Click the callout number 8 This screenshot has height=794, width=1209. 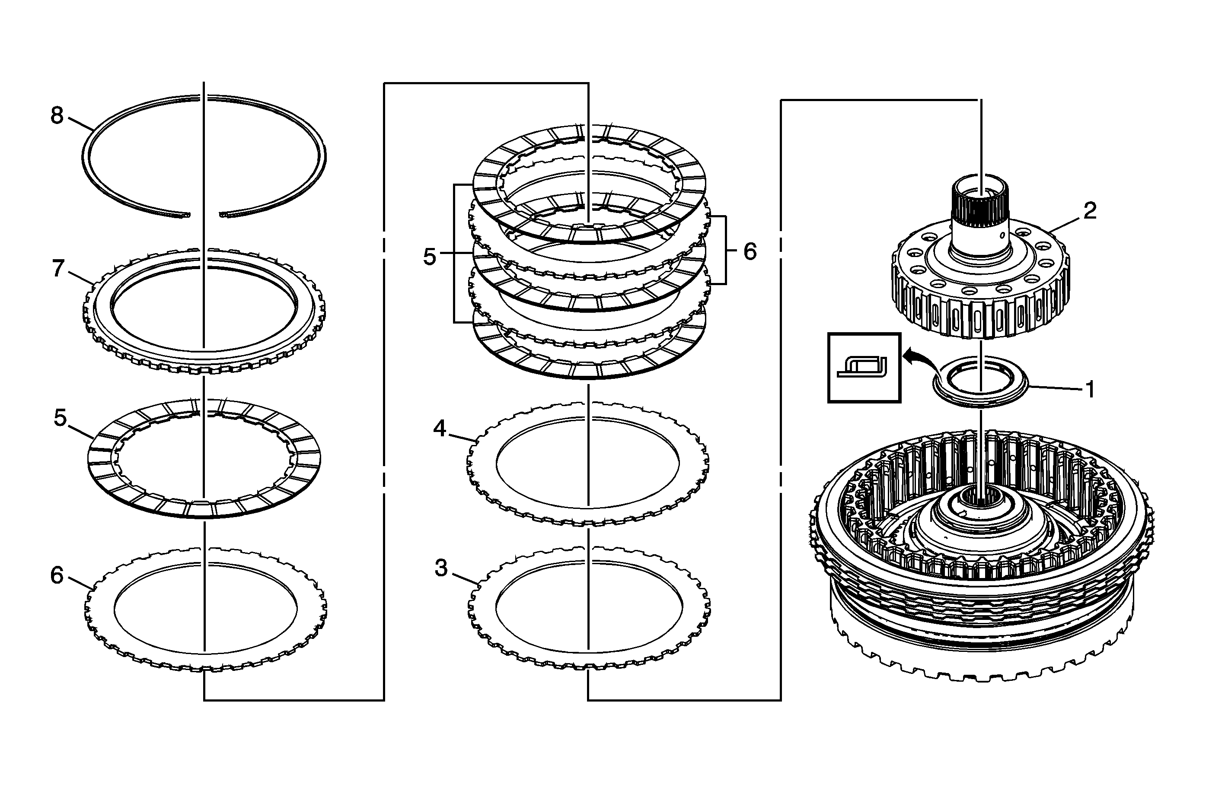click(x=57, y=116)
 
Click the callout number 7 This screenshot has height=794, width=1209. click(x=58, y=269)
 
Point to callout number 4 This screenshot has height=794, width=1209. click(x=440, y=429)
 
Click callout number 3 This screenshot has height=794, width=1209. click(x=441, y=568)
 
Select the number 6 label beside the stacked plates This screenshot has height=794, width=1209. click(x=750, y=251)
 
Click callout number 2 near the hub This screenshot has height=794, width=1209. click(x=1090, y=211)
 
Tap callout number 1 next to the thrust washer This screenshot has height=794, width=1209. click(x=1089, y=389)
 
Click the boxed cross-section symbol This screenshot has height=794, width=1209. click(x=864, y=368)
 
